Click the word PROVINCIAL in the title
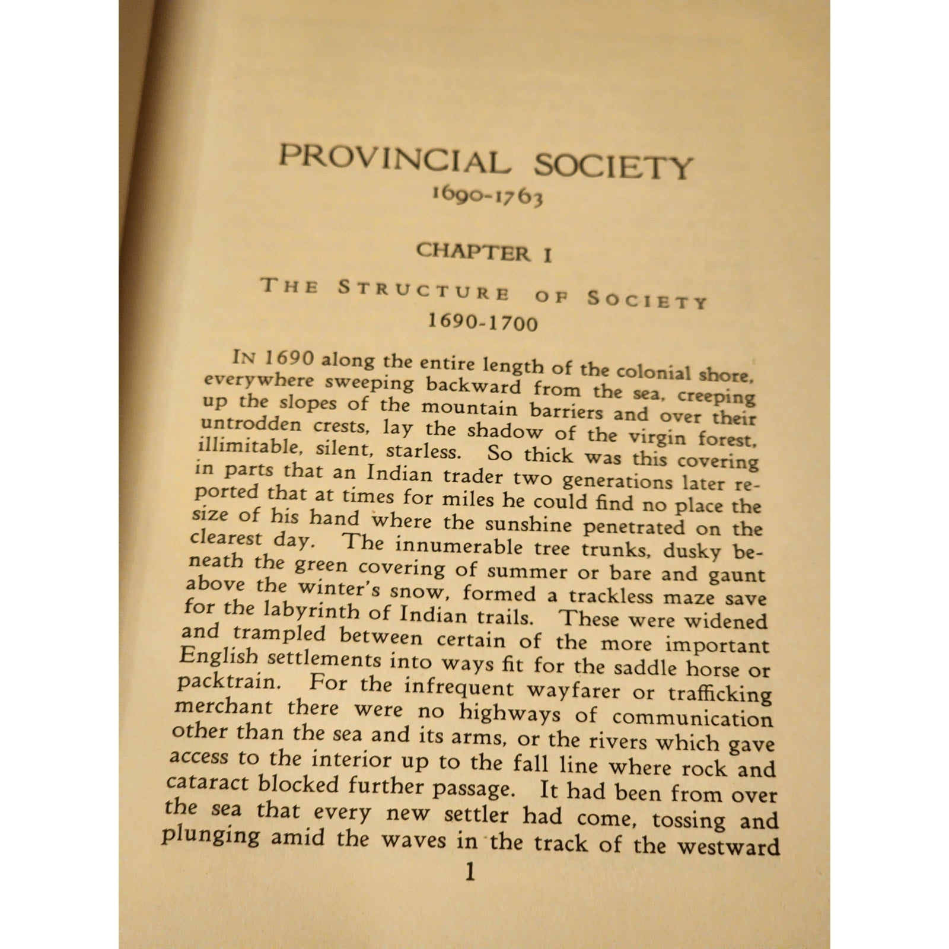tap(393, 157)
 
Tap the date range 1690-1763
tap(488, 196)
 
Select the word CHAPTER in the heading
tap(472, 251)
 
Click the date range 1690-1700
tap(483, 323)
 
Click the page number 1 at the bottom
tap(470, 872)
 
